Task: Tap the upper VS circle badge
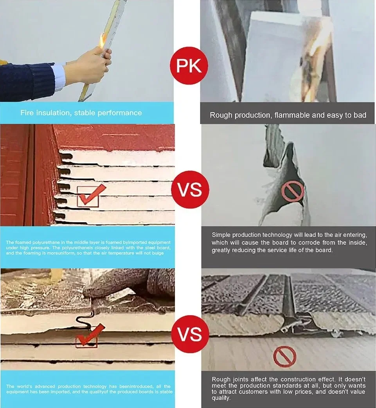click(190, 189)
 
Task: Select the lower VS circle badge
click(190, 334)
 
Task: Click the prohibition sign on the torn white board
click(293, 191)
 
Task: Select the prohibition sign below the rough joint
click(284, 357)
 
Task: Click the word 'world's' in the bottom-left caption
click(26, 386)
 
